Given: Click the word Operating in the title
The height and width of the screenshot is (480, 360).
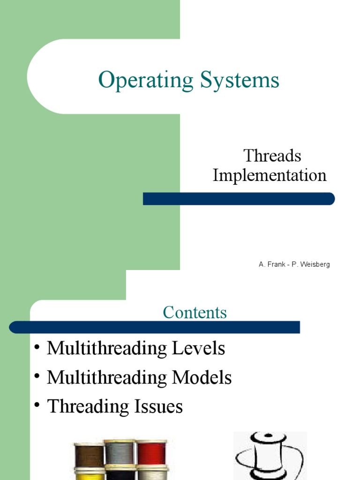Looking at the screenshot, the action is point(146,80).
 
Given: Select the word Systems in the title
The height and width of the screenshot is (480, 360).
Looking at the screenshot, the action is point(240,80).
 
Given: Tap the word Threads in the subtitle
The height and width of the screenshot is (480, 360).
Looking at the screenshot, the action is point(272,156).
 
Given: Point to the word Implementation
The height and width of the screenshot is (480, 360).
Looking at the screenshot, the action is point(270,176).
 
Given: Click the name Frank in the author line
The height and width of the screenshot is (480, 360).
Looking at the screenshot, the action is point(277,264).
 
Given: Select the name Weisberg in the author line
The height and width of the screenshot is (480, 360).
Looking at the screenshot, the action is point(315,264).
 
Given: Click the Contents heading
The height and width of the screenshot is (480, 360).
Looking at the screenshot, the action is point(195,312).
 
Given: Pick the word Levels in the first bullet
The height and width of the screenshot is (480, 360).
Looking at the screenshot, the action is point(198,348).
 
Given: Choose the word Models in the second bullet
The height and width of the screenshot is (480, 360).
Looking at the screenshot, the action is point(202,377).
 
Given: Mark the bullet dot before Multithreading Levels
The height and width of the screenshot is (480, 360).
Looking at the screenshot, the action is point(37,347).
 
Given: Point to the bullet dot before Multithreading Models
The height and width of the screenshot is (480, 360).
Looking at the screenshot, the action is point(37,376).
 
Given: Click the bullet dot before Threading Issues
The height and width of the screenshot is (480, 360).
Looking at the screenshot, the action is point(37,405).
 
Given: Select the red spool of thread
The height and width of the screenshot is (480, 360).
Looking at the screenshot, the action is point(152,452).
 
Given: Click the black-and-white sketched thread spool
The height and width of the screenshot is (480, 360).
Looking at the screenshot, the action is point(270,456).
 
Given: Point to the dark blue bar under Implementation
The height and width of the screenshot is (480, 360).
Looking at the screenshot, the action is point(239,199).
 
